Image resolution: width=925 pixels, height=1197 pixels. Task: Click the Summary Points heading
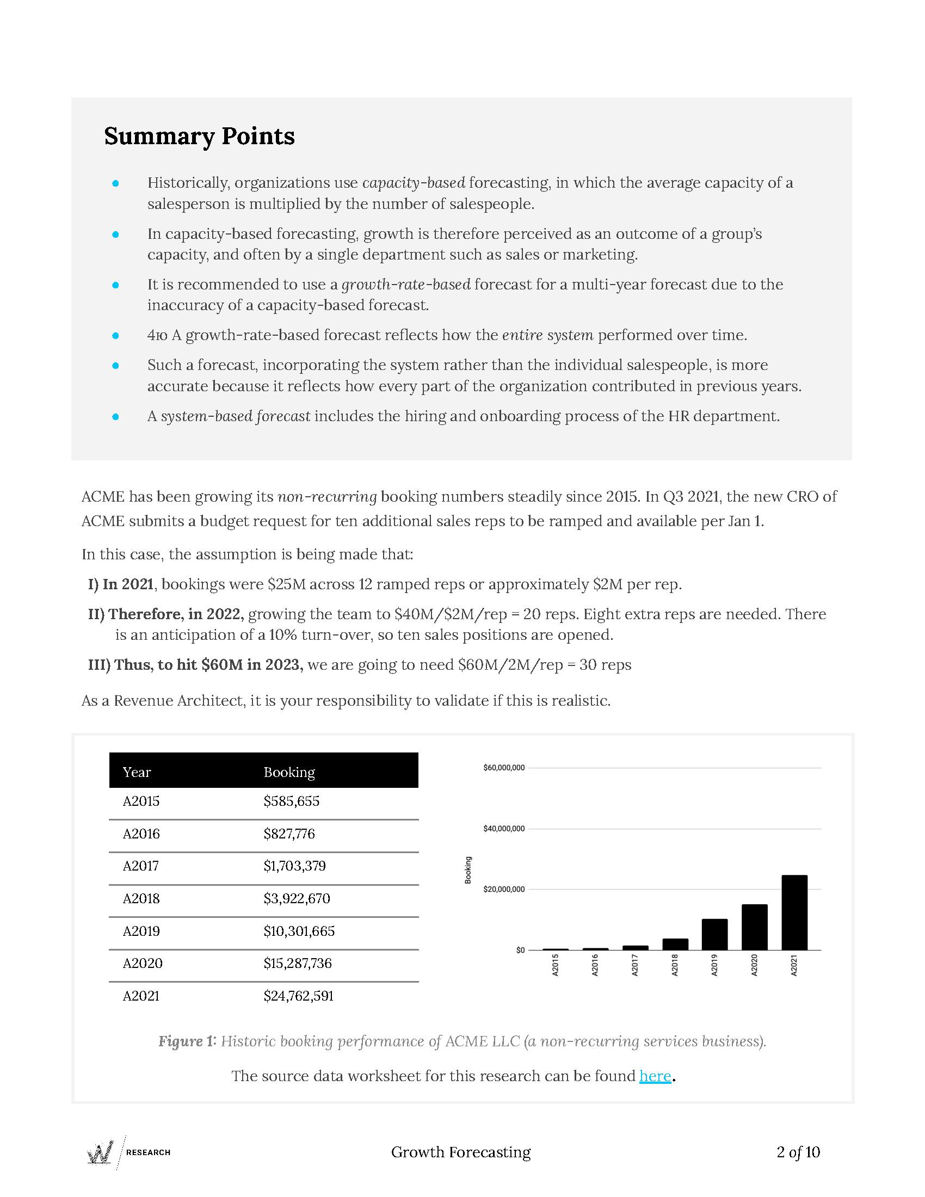click(x=200, y=137)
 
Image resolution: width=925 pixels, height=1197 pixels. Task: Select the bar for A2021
click(x=794, y=912)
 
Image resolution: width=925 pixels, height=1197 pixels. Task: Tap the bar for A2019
click(x=714, y=934)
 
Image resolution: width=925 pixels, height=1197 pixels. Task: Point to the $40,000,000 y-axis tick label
click(x=504, y=829)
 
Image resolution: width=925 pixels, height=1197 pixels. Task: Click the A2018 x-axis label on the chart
click(x=675, y=965)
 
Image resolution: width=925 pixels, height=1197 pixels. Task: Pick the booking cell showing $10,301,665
click(x=299, y=931)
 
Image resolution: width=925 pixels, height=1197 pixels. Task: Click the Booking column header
click(x=289, y=772)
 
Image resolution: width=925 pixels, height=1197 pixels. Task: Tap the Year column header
click(x=137, y=772)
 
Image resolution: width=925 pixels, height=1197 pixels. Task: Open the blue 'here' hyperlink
click(x=655, y=1076)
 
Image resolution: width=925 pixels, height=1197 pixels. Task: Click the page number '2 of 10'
click(x=798, y=1152)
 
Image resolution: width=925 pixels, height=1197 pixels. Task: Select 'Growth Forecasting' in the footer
click(x=461, y=1152)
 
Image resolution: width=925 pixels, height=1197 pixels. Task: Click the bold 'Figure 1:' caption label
click(x=187, y=1041)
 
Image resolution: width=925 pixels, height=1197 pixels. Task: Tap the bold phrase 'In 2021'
click(x=128, y=584)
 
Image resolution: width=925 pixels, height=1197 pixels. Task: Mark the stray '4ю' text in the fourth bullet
click(x=157, y=335)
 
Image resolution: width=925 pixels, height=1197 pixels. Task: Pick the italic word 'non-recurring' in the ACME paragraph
click(x=327, y=497)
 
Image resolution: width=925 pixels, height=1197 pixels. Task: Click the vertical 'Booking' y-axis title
click(x=468, y=870)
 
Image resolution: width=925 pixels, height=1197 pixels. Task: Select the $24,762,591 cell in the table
click(x=299, y=996)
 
